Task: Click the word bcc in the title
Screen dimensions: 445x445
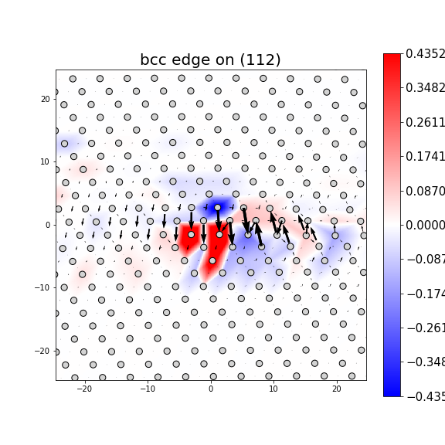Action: (x=154, y=60)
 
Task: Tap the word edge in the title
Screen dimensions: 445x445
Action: (x=192, y=60)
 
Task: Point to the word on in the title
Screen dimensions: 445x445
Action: (x=225, y=60)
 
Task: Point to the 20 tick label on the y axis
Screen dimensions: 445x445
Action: (x=45, y=99)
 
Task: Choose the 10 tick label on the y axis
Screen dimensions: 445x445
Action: (x=45, y=161)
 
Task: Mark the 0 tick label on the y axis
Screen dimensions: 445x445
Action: (x=47, y=225)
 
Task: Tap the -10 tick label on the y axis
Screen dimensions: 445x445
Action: (x=43, y=287)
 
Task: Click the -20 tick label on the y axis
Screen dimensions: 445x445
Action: (x=43, y=351)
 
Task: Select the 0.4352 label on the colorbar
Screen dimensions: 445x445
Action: (x=425, y=53)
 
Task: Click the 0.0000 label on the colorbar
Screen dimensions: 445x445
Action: (x=425, y=225)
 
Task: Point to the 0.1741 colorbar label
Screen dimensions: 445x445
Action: (x=425, y=156)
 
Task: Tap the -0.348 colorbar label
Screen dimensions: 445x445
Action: (x=425, y=362)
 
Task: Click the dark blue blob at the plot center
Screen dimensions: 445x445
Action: (x=216, y=208)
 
